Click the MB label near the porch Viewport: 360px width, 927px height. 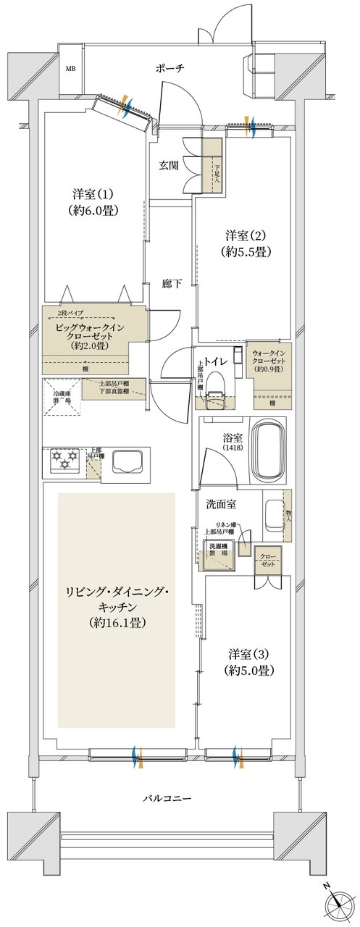(x=71, y=70)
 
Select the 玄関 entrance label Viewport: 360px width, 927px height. (x=169, y=165)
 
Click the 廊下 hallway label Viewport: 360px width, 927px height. (x=172, y=284)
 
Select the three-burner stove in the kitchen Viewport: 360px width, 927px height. (x=64, y=460)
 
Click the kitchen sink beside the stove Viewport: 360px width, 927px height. (x=127, y=461)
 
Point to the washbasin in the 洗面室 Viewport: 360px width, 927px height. (x=273, y=514)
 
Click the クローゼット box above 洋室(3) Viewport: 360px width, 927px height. (x=269, y=560)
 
